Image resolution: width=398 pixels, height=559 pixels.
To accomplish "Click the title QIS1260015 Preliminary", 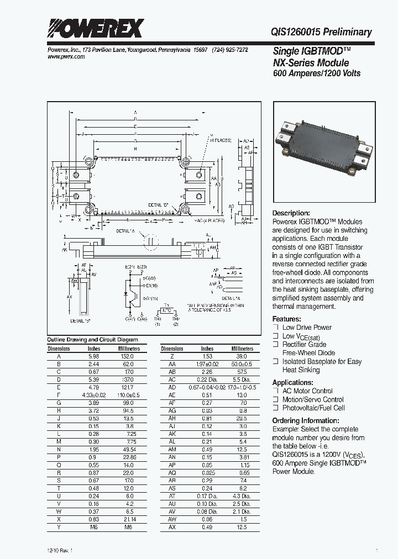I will point(322,32).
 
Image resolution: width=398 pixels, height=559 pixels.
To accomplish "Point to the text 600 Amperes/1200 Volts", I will point(317,73).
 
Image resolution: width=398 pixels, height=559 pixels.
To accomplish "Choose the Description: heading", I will point(291,213).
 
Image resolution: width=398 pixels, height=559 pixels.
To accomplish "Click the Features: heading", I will point(287,319).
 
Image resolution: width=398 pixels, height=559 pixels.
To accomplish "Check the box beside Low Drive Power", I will point(275,328).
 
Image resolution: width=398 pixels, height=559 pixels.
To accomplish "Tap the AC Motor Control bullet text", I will point(307,391).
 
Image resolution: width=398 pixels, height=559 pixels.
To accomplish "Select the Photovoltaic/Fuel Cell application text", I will point(313,408).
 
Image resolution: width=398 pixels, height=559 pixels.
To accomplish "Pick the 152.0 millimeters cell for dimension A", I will point(128,356).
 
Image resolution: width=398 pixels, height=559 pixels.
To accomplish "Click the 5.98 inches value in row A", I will point(95,356).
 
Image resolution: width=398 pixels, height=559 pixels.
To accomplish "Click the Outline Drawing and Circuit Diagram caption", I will point(92,340).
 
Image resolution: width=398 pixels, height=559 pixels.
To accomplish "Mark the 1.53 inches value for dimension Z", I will point(207,356).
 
